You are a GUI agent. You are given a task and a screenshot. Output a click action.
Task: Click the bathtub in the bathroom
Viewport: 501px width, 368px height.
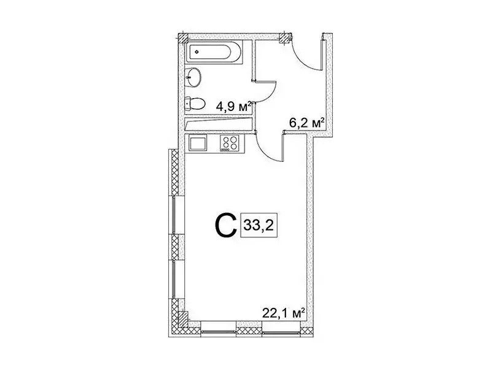214,52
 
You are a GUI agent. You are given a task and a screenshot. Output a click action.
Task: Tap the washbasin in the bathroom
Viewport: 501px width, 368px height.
193,76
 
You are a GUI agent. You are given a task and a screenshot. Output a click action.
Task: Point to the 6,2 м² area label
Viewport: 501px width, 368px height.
307,123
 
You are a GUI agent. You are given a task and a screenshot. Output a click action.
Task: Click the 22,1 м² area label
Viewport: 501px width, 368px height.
283,313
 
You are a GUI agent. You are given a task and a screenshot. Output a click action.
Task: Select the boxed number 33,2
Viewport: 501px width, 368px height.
259,225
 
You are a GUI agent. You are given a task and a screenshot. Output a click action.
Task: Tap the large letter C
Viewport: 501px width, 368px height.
225,225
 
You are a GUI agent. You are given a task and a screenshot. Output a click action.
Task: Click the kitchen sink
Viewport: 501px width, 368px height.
198,143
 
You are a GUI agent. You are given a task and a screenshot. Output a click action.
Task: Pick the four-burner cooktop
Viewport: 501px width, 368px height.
230,143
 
